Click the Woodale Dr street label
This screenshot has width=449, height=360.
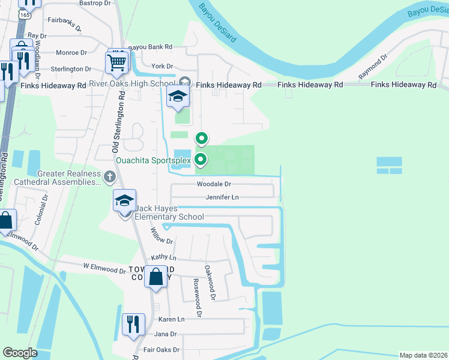[214, 184]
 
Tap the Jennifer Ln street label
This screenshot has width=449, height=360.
[222, 197]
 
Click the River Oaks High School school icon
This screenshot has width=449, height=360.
[178, 96]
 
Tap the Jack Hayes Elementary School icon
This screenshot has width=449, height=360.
[125, 201]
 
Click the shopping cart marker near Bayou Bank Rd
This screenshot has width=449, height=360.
[117, 62]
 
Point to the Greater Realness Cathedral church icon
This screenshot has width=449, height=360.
[109, 176]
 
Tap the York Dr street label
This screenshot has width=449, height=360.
[162, 66]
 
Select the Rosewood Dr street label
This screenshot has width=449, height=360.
[196, 297]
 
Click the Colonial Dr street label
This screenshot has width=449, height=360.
[40, 208]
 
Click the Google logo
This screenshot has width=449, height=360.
[20, 353]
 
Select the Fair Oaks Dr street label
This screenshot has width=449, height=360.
[159, 349]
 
